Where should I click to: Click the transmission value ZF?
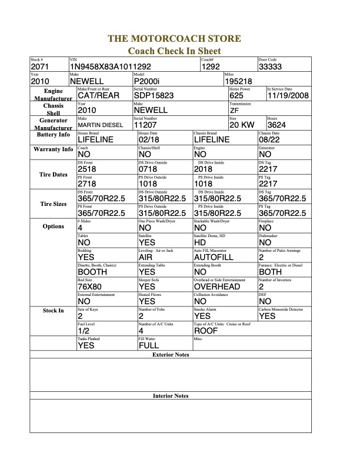(x=234, y=110)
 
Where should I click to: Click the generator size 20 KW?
(x=242, y=125)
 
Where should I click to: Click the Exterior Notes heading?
(x=171, y=355)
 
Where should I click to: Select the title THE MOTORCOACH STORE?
(x=174, y=39)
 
